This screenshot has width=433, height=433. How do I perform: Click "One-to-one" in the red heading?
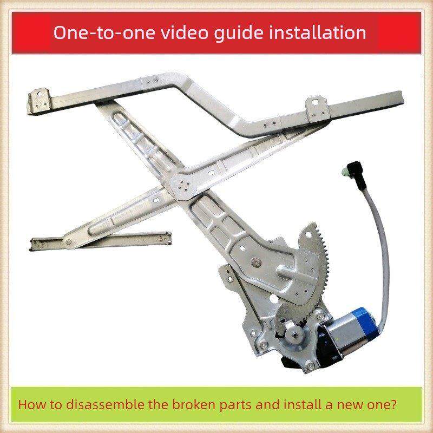click(104, 32)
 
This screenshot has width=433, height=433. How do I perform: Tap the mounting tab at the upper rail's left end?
click(40, 101)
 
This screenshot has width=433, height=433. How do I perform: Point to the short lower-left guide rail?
click(100, 240)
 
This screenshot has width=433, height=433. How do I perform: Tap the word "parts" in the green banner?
click(235, 405)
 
